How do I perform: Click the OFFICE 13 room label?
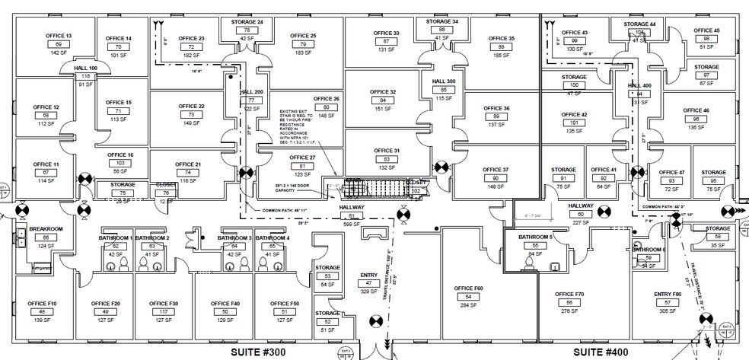pos(59,37)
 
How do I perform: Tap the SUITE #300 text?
pos(267,353)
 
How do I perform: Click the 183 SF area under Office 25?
pos(303,55)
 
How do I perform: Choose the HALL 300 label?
pos(444,81)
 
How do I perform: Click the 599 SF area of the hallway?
pos(352,225)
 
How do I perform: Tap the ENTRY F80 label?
pos(667,294)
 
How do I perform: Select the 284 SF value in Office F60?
pos(468,304)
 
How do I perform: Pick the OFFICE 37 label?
pos(496,169)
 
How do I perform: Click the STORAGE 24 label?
pos(247,22)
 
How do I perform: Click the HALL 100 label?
pos(85,68)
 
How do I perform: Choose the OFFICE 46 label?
pos(696,110)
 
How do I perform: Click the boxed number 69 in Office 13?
pos(59,45)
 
